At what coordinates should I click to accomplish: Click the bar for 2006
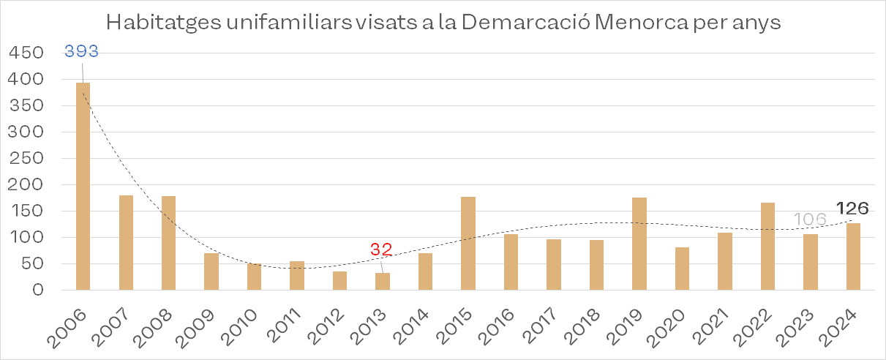83,187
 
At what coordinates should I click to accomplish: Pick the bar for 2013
383,281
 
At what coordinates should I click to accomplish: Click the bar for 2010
254,277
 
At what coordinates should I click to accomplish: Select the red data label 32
380,250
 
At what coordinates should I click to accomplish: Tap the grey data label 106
811,220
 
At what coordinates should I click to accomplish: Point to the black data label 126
852,209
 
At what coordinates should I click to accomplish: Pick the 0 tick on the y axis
39,290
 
